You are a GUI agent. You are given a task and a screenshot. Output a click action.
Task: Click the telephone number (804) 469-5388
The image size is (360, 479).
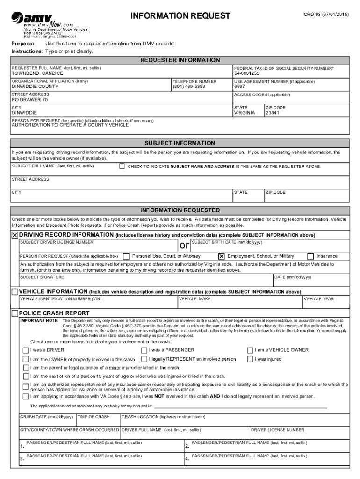189,87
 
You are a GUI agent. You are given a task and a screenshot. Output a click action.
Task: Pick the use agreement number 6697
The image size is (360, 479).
239,87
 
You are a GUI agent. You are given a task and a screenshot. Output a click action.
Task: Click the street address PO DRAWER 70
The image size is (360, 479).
29,100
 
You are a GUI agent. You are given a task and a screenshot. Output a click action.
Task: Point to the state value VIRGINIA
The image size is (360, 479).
245,113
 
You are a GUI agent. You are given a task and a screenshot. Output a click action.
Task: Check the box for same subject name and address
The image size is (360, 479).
122,166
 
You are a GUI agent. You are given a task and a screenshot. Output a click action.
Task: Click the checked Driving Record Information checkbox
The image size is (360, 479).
15,235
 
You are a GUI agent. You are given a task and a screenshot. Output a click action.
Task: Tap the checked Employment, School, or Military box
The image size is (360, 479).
222,256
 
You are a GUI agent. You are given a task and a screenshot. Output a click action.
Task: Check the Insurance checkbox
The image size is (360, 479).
310,256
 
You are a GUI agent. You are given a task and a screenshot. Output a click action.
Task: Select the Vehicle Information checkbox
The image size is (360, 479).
15,292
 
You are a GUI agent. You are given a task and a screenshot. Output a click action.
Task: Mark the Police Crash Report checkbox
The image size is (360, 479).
15,313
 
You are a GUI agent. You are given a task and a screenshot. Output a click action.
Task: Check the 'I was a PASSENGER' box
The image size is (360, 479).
144,350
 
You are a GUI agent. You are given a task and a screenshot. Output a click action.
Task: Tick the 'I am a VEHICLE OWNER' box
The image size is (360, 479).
250,350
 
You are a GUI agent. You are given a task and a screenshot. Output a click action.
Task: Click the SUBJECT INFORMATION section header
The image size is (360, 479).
180,143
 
